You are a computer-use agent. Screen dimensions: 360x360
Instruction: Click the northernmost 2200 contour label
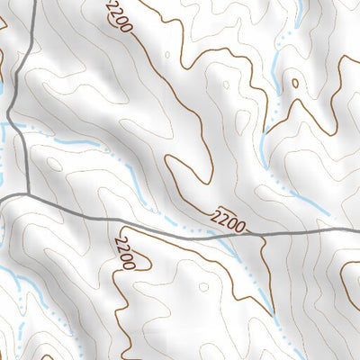pos(119,16)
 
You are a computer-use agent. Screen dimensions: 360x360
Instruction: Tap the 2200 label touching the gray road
pos(230,219)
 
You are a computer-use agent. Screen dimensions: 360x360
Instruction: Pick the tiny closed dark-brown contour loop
pos(294,85)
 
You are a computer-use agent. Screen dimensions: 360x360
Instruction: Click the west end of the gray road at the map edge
pos(2,199)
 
